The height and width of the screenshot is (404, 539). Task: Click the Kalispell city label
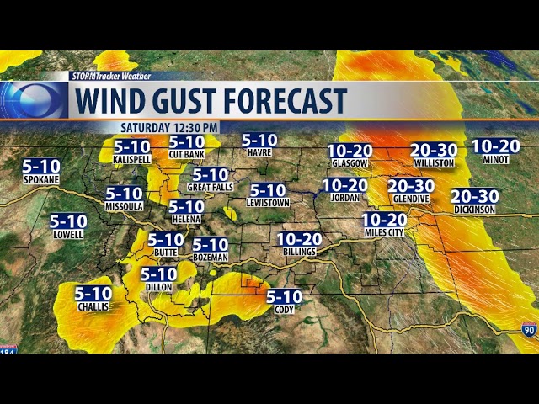[131, 159]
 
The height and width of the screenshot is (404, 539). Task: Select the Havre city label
[259, 152]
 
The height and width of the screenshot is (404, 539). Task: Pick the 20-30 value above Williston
[434, 150]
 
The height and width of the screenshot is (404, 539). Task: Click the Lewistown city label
[268, 203]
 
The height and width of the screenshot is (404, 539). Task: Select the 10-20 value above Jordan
[344, 185]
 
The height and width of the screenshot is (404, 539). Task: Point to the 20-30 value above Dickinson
[475, 196]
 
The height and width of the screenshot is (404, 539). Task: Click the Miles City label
[384, 232]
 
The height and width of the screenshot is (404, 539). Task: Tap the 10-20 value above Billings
[299, 240]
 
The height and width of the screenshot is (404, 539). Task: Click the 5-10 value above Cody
[284, 296]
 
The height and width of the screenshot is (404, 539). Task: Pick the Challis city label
[93, 306]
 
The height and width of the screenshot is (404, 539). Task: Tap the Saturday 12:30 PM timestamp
[169, 127]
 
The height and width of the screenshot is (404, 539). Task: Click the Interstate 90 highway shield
[529, 330]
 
